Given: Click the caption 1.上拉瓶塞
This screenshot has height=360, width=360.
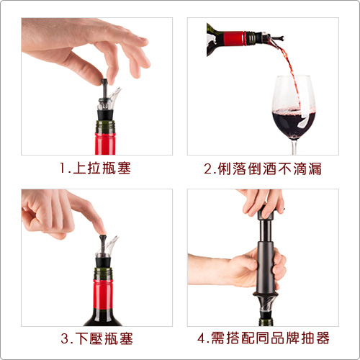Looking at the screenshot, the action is (95, 168).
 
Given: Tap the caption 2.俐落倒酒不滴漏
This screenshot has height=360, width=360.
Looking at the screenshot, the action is (263, 168).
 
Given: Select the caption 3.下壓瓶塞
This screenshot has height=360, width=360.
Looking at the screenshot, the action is (96, 338).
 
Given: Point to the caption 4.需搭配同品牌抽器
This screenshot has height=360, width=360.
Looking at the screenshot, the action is (264, 338).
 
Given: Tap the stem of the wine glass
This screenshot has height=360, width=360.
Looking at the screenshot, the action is (295, 147).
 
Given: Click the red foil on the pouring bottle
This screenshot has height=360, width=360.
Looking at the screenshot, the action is (233, 38).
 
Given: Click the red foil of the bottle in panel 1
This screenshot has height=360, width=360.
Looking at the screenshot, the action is (105, 144).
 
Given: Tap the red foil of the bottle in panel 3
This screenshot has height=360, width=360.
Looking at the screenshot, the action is (103, 294).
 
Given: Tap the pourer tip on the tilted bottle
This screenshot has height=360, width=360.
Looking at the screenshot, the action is (280, 38).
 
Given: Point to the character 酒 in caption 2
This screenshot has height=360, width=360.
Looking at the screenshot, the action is (270, 168).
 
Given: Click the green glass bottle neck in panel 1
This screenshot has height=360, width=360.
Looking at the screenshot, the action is (105, 127).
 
